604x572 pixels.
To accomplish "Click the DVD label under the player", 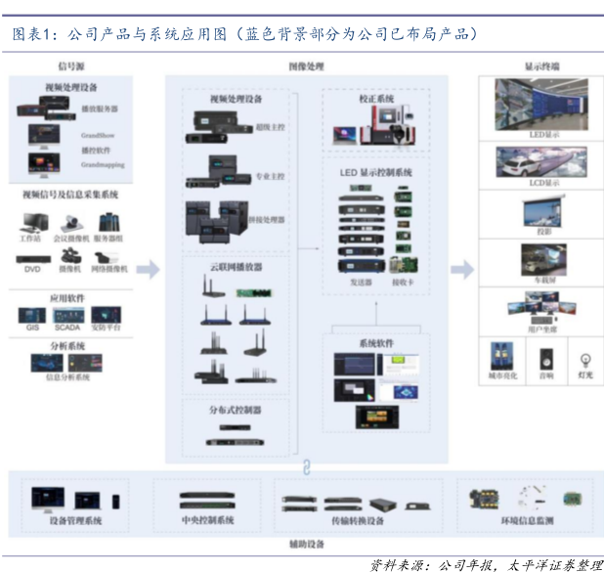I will pyautogui.click(x=32, y=268).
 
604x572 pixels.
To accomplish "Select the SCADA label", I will pyautogui.click(x=68, y=330).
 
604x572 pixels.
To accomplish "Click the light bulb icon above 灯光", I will pyautogui.click(x=584, y=359).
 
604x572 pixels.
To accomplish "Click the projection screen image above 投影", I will pyautogui.click(x=543, y=212).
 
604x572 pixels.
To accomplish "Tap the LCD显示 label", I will pyautogui.click(x=544, y=183).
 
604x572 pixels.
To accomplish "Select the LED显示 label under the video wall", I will pyautogui.click(x=544, y=134).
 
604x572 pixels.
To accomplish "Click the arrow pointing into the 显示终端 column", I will pyautogui.click(x=462, y=269).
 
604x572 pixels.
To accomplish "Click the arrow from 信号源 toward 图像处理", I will pyautogui.click(x=148, y=269).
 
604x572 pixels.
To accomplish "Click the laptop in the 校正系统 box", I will pyautogui.click(x=347, y=131).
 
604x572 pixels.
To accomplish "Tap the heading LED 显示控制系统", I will pyautogui.click(x=377, y=172).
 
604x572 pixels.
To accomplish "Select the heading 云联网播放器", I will pyautogui.click(x=236, y=265).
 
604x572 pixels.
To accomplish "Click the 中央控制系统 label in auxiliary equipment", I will pyautogui.click(x=208, y=520).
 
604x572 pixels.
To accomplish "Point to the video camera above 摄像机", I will pyautogui.click(x=70, y=258).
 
